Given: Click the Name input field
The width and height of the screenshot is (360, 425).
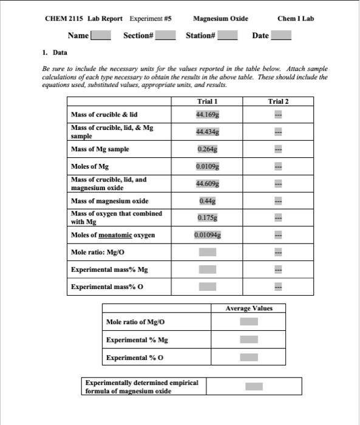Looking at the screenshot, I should point(101,36).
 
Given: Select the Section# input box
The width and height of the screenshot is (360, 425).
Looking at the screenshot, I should point(166,36).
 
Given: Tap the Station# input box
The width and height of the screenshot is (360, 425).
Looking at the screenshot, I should point(228,36).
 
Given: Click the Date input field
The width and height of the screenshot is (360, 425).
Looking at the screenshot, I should point(281,36).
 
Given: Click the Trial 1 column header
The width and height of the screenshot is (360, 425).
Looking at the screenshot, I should point(208,101).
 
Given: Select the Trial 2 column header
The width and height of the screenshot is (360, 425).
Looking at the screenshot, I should point(278,101).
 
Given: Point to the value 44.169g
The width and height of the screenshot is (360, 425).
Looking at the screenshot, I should point(208,114).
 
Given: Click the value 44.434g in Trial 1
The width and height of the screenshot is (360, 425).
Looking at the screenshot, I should point(208,132).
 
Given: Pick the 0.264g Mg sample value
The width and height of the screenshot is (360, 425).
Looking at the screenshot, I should point(208,149).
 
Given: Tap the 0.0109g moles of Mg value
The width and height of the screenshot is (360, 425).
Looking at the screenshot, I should point(208,166).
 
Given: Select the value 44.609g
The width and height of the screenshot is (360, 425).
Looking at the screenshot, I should point(208,183).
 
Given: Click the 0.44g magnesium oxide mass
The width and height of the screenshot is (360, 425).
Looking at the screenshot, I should point(208,200).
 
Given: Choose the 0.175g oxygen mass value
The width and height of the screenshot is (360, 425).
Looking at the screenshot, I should point(208,217).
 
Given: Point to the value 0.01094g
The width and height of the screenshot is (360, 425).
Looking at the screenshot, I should point(208,234).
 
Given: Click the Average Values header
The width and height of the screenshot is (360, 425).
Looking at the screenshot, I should point(249,308).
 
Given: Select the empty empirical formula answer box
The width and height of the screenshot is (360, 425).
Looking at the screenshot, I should point(254,386).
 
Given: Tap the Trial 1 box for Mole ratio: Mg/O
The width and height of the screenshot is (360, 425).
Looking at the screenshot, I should point(208,252).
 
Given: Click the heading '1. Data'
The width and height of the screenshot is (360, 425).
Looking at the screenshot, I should point(55,53).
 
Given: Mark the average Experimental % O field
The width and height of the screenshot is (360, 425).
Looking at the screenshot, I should point(249,358).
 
